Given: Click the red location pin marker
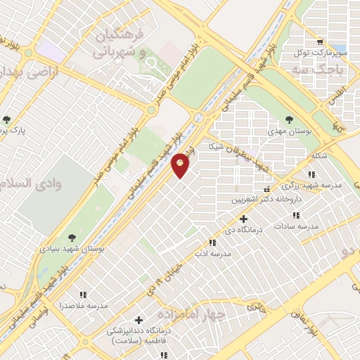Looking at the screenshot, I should (x=181, y=165).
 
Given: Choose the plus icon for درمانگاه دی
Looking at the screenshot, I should (x=244, y=219).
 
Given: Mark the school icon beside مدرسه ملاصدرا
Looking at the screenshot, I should (x=83, y=295).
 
